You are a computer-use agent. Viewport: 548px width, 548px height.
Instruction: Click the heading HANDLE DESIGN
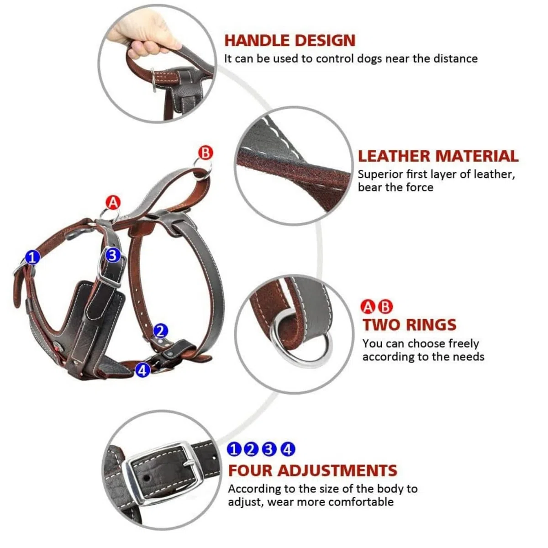290,40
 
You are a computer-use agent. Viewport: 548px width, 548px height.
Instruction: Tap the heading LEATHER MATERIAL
438,156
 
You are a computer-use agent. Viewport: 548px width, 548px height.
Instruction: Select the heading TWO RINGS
410,325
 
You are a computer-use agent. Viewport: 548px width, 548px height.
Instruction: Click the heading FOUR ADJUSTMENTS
312,471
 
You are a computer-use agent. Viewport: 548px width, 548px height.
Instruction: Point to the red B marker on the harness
205,153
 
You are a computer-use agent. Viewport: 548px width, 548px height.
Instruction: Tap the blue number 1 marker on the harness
32,258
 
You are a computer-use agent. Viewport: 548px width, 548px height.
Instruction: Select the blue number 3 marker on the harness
113,255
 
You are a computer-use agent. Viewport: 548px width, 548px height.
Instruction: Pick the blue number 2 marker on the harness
161,331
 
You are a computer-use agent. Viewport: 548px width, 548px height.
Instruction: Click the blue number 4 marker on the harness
142,370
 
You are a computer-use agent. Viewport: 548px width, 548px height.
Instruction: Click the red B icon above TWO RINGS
385,307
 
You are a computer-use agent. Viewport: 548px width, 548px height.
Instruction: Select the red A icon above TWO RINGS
368,307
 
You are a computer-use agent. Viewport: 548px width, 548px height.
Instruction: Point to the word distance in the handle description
455,59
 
